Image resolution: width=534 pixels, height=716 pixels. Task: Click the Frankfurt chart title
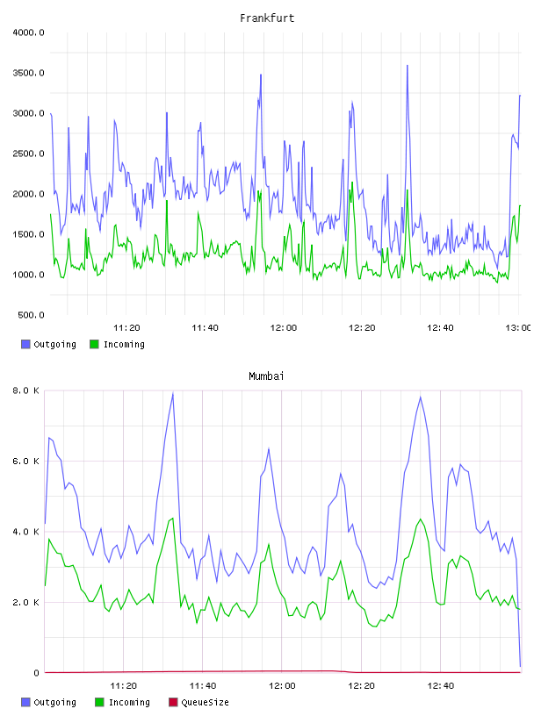click(267, 18)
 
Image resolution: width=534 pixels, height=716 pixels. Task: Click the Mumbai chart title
click(266, 376)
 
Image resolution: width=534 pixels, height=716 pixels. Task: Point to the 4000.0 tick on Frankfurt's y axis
click(28, 32)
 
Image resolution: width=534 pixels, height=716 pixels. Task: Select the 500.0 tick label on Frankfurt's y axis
click(31, 315)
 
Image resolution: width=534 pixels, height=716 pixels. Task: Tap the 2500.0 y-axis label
click(28, 154)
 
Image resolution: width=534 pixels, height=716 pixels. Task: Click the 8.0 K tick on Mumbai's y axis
click(25, 390)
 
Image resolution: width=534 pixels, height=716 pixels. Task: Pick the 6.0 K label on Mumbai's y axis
click(25, 462)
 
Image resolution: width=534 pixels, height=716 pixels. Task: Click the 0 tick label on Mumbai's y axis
click(37, 673)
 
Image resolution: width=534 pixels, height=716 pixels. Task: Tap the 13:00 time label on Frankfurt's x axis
click(518, 327)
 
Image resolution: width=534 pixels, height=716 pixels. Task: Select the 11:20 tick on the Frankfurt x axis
click(126, 327)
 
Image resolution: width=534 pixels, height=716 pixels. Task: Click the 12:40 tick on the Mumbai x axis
click(440, 685)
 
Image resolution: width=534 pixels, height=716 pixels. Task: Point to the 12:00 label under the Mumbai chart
click(282, 685)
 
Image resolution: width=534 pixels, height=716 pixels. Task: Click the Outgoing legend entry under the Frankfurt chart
click(49, 344)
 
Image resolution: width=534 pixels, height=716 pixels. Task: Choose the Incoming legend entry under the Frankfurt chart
click(118, 344)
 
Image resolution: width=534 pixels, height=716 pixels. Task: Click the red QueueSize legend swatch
click(173, 702)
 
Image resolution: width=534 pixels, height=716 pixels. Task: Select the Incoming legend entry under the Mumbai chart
click(123, 702)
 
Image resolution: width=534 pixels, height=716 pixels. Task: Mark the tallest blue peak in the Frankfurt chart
click(407, 66)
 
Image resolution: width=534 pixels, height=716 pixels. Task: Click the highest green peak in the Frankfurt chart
click(352, 183)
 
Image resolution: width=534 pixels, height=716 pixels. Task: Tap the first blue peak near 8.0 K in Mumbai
click(173, 393)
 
